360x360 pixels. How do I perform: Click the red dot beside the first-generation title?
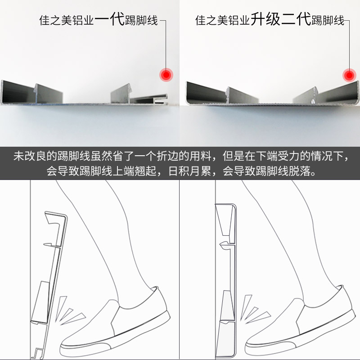point(166,75)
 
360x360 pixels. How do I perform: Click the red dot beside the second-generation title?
point(349,75)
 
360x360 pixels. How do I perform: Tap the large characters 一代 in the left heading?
point(109,19)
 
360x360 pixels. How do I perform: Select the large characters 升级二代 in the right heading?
point(280,19)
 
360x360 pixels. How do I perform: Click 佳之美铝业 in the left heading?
point(67,20)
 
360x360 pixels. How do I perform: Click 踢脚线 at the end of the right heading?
point(328,20)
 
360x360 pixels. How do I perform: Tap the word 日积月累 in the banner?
point(189,171)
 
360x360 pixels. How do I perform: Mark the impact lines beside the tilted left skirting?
point(70,310)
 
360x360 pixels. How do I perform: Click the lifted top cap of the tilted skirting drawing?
point(56,217)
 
